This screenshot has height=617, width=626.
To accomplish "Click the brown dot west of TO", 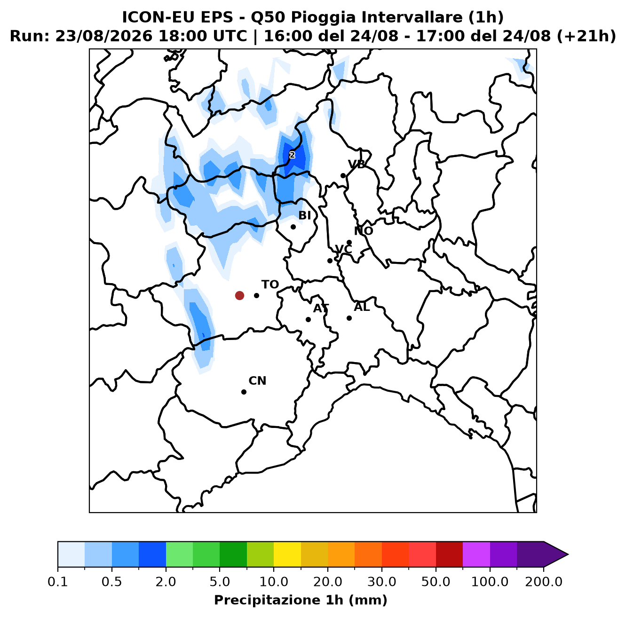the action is coord(239,295).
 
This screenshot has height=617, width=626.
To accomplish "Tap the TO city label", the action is coord(270,285).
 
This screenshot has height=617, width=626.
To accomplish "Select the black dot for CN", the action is coord(244,392).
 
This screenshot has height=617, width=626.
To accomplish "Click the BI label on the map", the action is coord(304,215).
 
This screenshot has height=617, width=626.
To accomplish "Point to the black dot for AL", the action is coord(349,318).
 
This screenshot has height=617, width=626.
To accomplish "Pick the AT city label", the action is coord(321,308).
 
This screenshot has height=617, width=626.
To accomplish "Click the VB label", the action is coord(357,165).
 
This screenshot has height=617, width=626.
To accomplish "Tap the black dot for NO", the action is coord(349,242).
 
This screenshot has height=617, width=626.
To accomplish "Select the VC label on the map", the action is coord(343,249).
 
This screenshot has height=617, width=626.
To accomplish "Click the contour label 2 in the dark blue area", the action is coord(292,155).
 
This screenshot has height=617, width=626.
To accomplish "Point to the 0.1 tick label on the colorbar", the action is coord(58,582).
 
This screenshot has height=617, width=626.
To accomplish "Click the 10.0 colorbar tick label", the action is coord(274,582).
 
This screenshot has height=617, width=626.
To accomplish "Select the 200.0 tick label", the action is coord(544,582).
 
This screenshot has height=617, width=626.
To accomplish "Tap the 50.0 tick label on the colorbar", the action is coord(436,582).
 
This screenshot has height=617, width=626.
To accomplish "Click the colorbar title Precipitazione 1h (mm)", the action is coord(301,600).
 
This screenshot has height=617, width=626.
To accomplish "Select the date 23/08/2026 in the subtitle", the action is coord(103,36).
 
